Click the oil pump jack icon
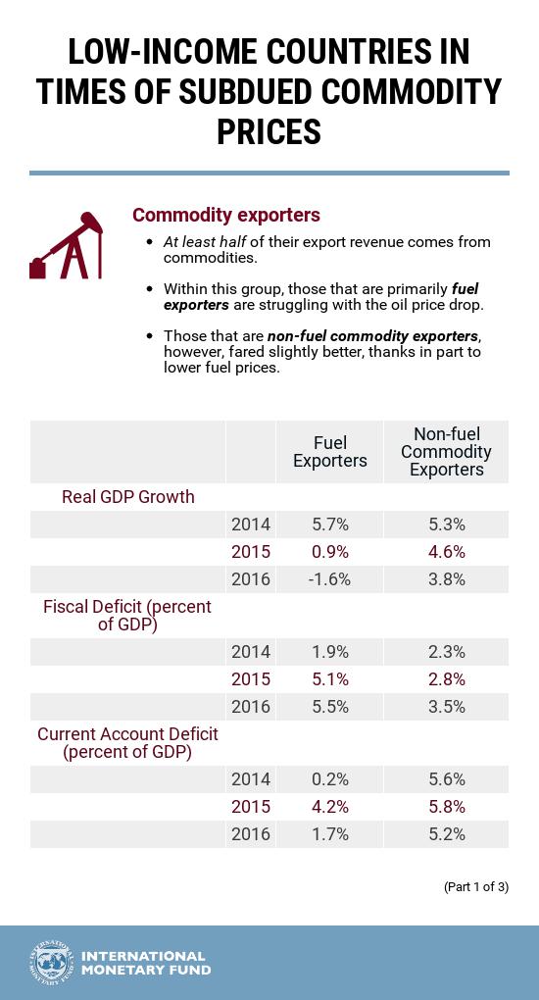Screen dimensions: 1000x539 66,246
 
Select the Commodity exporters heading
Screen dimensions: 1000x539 226,215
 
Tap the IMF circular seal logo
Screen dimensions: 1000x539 52,963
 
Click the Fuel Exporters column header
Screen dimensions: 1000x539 329,452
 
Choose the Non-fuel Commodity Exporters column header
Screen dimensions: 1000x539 446,452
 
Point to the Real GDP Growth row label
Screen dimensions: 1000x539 127,497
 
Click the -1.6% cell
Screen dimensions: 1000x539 329,579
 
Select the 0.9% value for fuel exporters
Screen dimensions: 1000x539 329,552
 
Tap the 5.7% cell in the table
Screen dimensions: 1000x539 329,525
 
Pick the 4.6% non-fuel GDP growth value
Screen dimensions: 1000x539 446,552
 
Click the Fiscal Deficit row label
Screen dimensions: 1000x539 127,616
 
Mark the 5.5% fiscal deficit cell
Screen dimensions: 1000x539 329,707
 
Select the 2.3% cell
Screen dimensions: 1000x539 446,652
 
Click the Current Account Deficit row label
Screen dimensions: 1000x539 127,743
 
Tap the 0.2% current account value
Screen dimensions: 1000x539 329,779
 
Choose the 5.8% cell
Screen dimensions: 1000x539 446,807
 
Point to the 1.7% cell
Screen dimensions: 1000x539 329,834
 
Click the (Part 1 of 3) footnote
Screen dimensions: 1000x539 475,887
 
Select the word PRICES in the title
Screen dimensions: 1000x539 269,130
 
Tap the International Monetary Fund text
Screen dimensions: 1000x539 145,963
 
